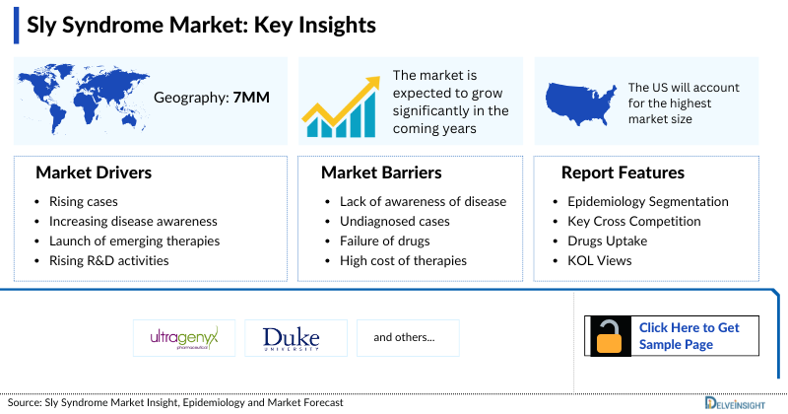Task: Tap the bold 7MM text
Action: [251, 98]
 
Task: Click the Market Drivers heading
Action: [94, 172]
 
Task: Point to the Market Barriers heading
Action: [381, 172]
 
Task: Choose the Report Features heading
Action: [623, 172]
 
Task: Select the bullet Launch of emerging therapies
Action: [134, 241]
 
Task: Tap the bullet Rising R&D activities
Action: [108, 261]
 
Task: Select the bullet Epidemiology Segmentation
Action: [641, 202]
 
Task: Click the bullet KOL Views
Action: [601, 261]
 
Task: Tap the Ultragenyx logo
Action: [183, 338]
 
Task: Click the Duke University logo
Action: [291, 338]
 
